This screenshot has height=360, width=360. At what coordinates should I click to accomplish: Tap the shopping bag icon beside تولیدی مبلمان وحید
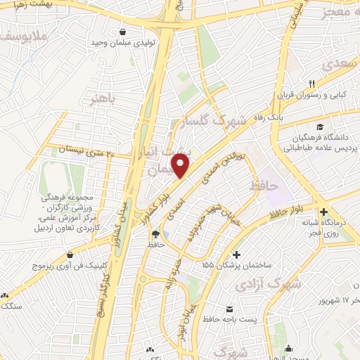124,32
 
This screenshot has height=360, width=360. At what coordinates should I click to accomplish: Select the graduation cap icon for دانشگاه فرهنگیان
320,127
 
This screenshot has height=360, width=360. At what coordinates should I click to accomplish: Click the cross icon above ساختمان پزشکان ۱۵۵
236,254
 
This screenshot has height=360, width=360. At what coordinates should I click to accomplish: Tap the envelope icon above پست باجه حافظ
229,309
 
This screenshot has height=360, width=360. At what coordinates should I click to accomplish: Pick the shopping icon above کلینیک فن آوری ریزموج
69,255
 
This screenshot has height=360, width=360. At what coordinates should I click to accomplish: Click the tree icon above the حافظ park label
156,233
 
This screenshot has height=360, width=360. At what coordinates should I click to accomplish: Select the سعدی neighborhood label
340,63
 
